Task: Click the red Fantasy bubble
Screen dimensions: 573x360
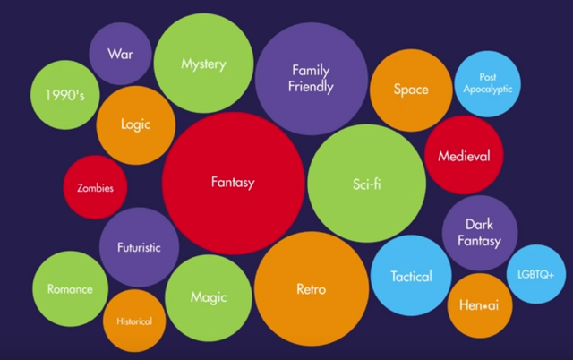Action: (233, 183)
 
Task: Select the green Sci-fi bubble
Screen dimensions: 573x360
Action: (366, 183)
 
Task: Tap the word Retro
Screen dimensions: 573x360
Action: (311, 289)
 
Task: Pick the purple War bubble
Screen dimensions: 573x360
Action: (120, 54)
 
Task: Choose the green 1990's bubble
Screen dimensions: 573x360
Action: (65, 95)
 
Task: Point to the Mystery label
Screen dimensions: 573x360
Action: (203, 64)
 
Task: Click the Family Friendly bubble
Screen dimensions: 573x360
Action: (312, 79)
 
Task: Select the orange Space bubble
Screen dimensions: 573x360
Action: (411, 90)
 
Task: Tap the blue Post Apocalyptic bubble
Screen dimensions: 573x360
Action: (487, 83)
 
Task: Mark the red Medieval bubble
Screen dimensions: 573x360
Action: (464, 155)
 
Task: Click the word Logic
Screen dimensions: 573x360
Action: (135, 124)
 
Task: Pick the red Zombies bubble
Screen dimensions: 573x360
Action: (96, 187)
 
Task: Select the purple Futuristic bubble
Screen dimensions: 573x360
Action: (140, 247)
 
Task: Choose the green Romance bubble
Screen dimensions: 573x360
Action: (70, 288)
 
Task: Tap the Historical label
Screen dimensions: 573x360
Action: (134, 321)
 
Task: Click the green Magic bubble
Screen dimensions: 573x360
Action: (209, 298)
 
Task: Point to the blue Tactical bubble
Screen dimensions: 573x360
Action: (411, 275)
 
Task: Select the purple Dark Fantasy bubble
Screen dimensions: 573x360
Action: (480, 233)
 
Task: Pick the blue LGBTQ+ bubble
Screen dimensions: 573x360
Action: (536, 274)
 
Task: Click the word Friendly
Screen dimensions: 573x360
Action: (311, 87)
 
